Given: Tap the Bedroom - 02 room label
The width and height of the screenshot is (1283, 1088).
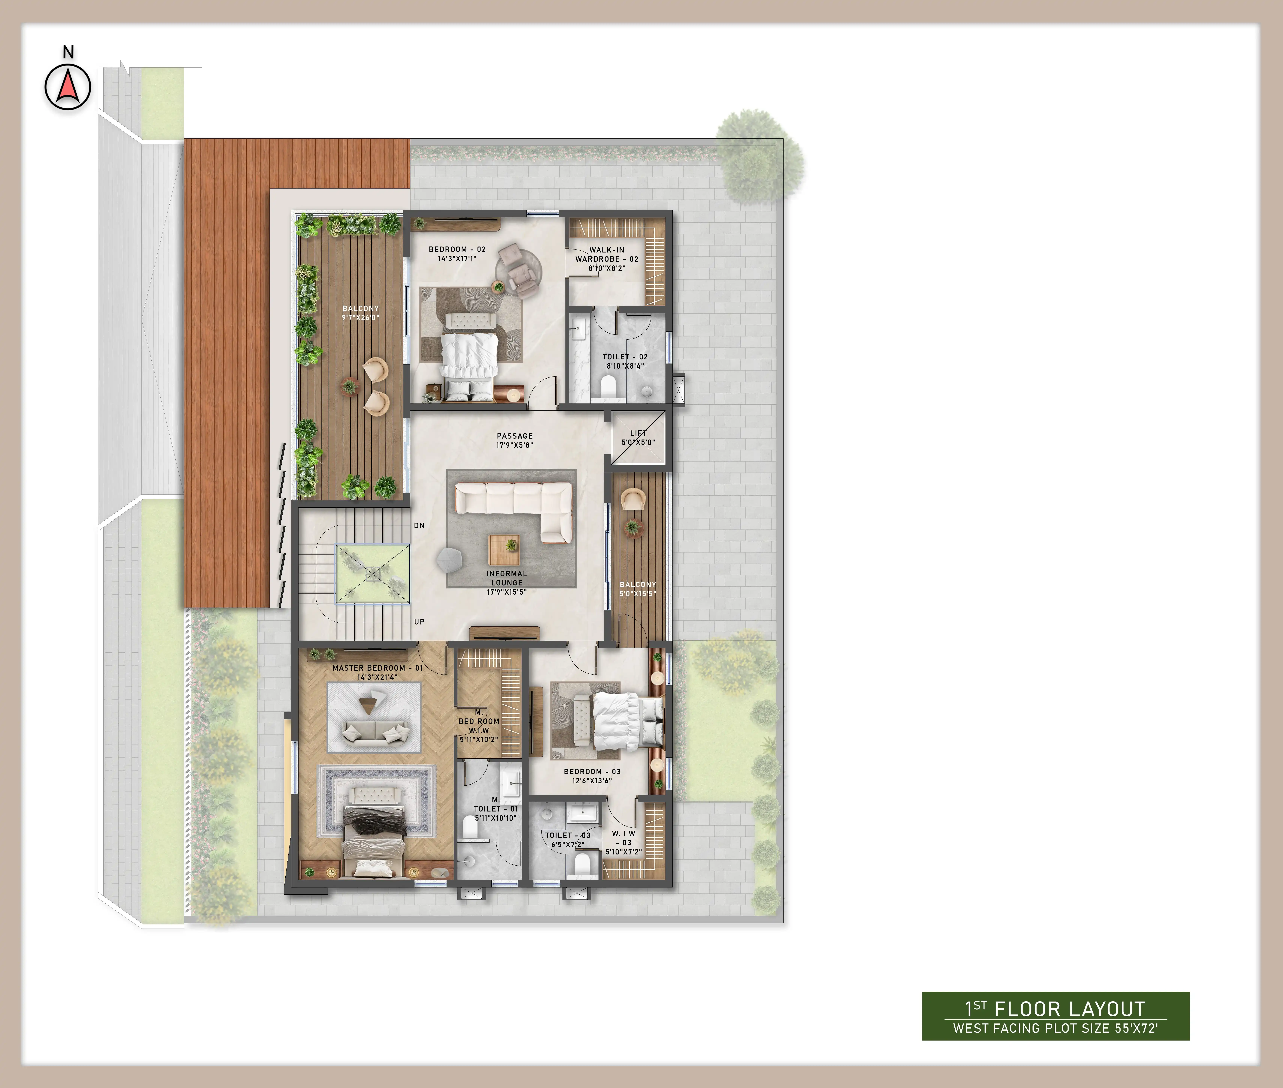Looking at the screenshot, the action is (457, 253).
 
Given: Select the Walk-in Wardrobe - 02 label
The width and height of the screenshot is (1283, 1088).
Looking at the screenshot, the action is (607, 259).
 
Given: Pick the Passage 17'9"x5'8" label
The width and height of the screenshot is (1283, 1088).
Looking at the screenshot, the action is (514, 440).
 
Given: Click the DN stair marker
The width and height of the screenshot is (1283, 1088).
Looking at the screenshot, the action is (420, 525).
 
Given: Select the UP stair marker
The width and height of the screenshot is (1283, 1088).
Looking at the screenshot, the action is (420, 622).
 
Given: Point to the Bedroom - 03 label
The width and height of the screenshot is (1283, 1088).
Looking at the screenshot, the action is (592, 776).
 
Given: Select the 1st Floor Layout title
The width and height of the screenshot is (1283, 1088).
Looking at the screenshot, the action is (1055, 1009).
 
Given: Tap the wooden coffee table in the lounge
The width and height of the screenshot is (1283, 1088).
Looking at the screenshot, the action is (504, 550).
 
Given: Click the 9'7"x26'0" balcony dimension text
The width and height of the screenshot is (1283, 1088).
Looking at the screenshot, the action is (361, 318).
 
